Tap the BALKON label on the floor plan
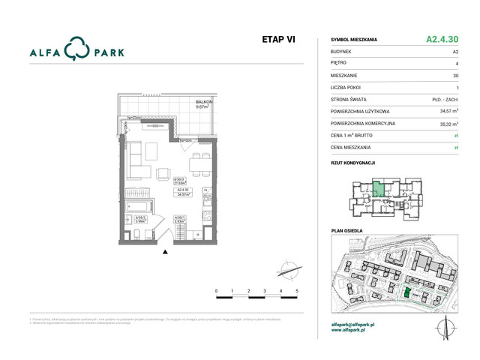tap(203, 102)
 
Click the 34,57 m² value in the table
tap(448, 111)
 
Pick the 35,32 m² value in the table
tap(448, 123)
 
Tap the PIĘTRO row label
tap(338, 63)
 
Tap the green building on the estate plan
tap(407, 292)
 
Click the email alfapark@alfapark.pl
tap(353, 324)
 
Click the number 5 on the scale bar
tap(298, 290)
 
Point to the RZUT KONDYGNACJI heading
tap(352, 162)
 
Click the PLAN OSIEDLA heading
tap(346, 231)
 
